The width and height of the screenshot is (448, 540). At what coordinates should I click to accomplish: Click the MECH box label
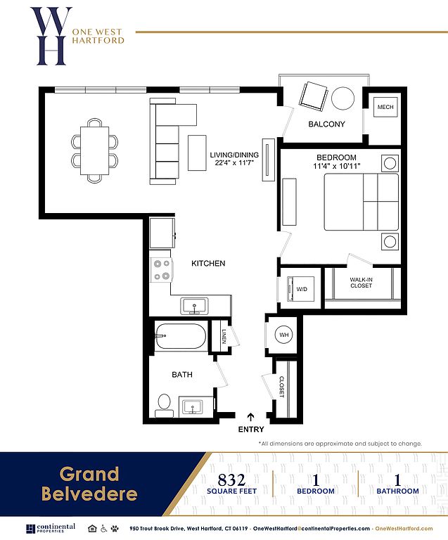pos(385,107)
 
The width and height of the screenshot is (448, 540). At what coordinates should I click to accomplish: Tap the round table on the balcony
pos(343,98)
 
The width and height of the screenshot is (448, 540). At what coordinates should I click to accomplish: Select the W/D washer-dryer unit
pos(300,289)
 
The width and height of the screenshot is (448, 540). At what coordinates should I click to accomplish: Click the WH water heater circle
pos(283,335)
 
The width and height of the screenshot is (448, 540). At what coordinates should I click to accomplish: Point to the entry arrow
pos(251,417)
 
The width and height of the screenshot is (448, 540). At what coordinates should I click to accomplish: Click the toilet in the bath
pos(164,405)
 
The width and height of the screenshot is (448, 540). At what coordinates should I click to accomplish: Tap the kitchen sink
pos(194,306)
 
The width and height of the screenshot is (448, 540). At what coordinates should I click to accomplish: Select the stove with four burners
pos(161,270)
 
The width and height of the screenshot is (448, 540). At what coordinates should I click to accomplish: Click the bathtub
pos(180,336)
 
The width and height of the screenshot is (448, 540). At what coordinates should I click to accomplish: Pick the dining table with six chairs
pos(94,150)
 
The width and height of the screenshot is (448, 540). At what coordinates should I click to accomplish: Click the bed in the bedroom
pos(361,202)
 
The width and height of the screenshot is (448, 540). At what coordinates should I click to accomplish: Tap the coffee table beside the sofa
pos(197,153)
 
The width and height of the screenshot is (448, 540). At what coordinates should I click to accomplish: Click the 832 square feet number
pos(231,480)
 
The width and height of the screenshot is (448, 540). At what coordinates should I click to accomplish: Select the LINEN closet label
pos(224,336)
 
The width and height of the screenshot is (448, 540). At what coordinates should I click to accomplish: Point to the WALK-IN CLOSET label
pos(361,283)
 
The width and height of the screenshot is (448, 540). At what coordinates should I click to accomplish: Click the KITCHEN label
pos(208,264)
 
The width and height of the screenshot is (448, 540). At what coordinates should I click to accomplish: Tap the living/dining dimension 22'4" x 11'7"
pos(234,163)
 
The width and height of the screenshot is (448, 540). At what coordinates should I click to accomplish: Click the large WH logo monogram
pos(51,36)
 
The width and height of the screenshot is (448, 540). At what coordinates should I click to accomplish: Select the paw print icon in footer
pos(115,528)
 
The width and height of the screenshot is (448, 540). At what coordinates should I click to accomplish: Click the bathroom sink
pos(192,407)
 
